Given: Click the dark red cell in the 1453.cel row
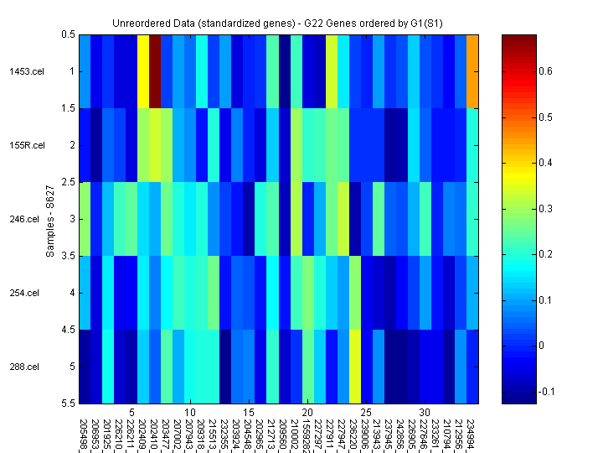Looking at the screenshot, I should point(155,71).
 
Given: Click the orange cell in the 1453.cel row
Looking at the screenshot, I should point(473,71).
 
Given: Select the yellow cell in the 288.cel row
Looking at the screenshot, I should point(355,367).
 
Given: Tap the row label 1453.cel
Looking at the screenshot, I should point(24,71).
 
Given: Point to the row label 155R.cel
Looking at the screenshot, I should point(24,145).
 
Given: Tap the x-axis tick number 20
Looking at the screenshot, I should point(308,413).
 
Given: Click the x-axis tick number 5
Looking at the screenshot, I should point(132,413).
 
